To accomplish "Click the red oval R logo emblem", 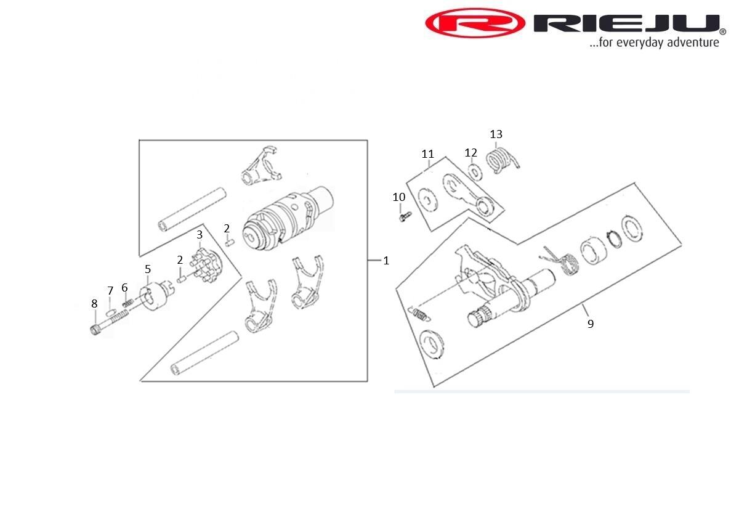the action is click(475, 23).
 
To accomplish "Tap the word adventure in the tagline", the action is click(692, 43).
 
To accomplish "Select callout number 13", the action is click(496, 134).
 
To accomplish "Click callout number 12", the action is click(470, 153).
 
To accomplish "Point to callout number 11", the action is click(427, 154).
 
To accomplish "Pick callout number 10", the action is click(399, 197).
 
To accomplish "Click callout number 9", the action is click(591, 324).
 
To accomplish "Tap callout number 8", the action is click(94, 303).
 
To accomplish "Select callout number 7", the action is click(110, 290).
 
